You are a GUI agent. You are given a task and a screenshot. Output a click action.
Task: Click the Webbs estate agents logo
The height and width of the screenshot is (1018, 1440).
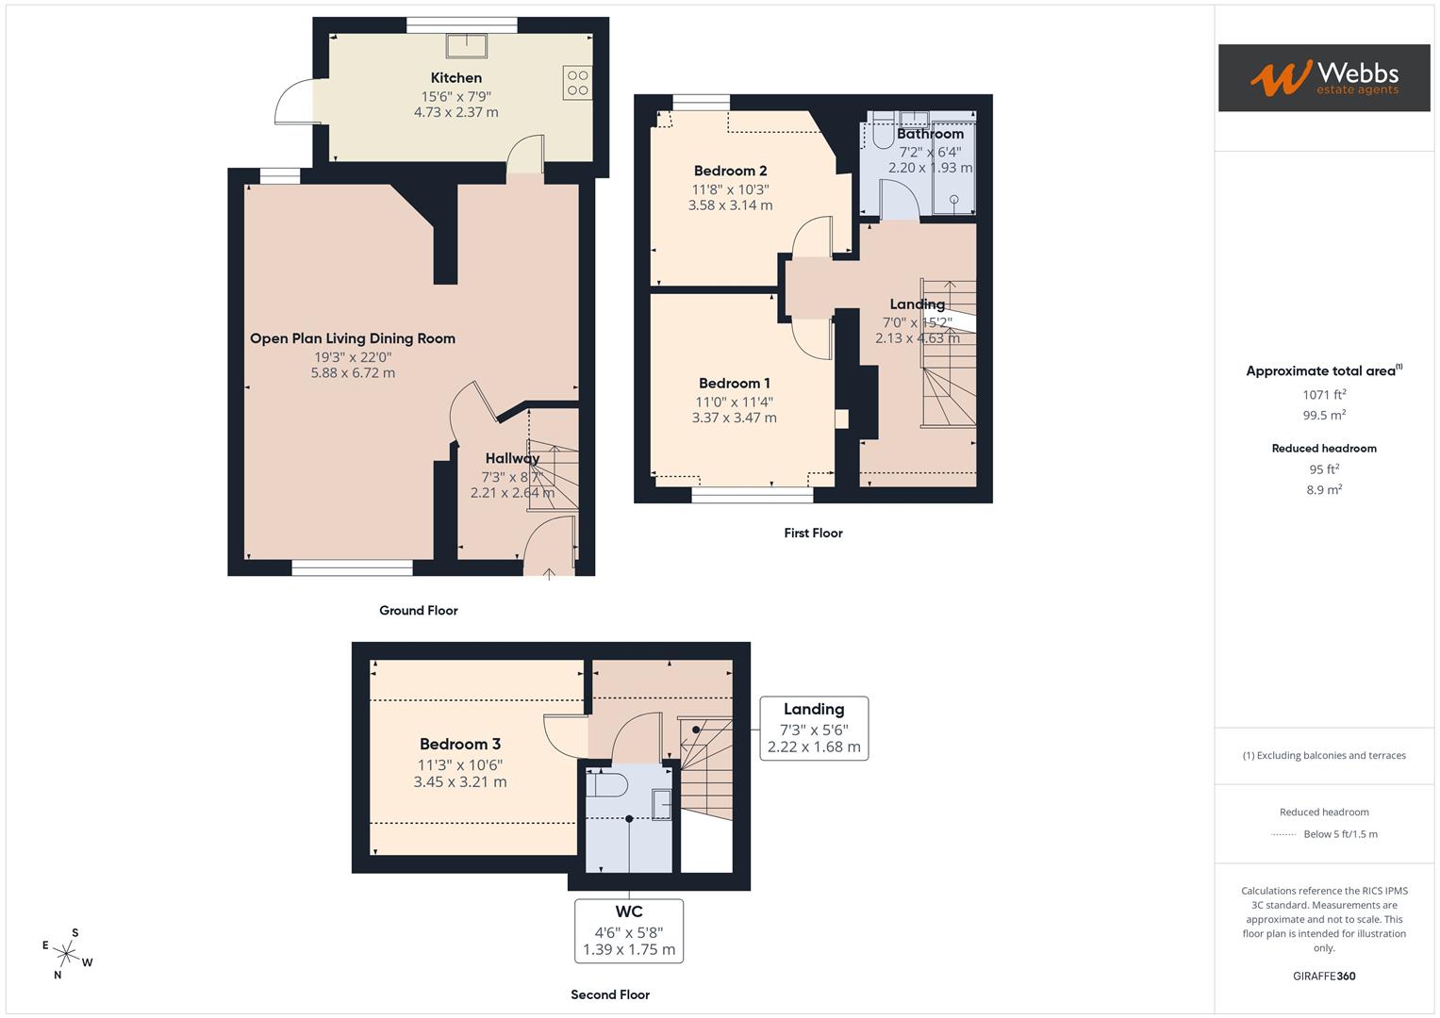1323,77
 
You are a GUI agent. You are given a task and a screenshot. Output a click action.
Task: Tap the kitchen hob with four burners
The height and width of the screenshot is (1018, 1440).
577,83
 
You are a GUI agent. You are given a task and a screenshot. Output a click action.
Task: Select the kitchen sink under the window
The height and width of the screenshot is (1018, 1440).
467,44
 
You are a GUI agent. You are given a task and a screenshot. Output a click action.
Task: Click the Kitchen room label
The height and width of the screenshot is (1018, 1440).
456,78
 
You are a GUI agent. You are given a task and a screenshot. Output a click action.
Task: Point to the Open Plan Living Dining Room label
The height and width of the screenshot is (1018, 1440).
353,338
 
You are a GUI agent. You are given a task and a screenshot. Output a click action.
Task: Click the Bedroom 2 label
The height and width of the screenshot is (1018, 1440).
730,171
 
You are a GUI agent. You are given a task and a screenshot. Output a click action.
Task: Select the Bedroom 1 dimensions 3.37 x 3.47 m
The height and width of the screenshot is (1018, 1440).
734,418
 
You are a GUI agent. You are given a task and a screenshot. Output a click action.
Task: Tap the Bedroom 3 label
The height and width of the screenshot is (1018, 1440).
460,744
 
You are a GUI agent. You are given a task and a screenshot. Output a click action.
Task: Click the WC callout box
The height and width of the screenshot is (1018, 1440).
629,930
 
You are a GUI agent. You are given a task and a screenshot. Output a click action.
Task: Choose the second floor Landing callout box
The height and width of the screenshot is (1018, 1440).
814,728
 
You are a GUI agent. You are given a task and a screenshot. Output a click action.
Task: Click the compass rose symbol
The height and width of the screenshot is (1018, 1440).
67,953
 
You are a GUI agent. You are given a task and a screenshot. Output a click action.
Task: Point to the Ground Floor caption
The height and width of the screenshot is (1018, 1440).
418,611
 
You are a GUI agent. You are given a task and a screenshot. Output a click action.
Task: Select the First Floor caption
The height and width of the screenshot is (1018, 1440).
813,534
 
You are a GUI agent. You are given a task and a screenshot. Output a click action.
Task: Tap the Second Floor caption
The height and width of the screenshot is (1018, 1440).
610,994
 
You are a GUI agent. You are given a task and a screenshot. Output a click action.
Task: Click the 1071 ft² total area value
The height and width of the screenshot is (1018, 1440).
1324,395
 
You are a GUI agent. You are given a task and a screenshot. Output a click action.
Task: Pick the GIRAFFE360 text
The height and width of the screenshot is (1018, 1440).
1324,977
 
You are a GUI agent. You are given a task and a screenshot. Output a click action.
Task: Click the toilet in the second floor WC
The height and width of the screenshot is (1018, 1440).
608,784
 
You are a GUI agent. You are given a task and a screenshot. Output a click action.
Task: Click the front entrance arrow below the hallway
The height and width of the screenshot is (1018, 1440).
550,572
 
